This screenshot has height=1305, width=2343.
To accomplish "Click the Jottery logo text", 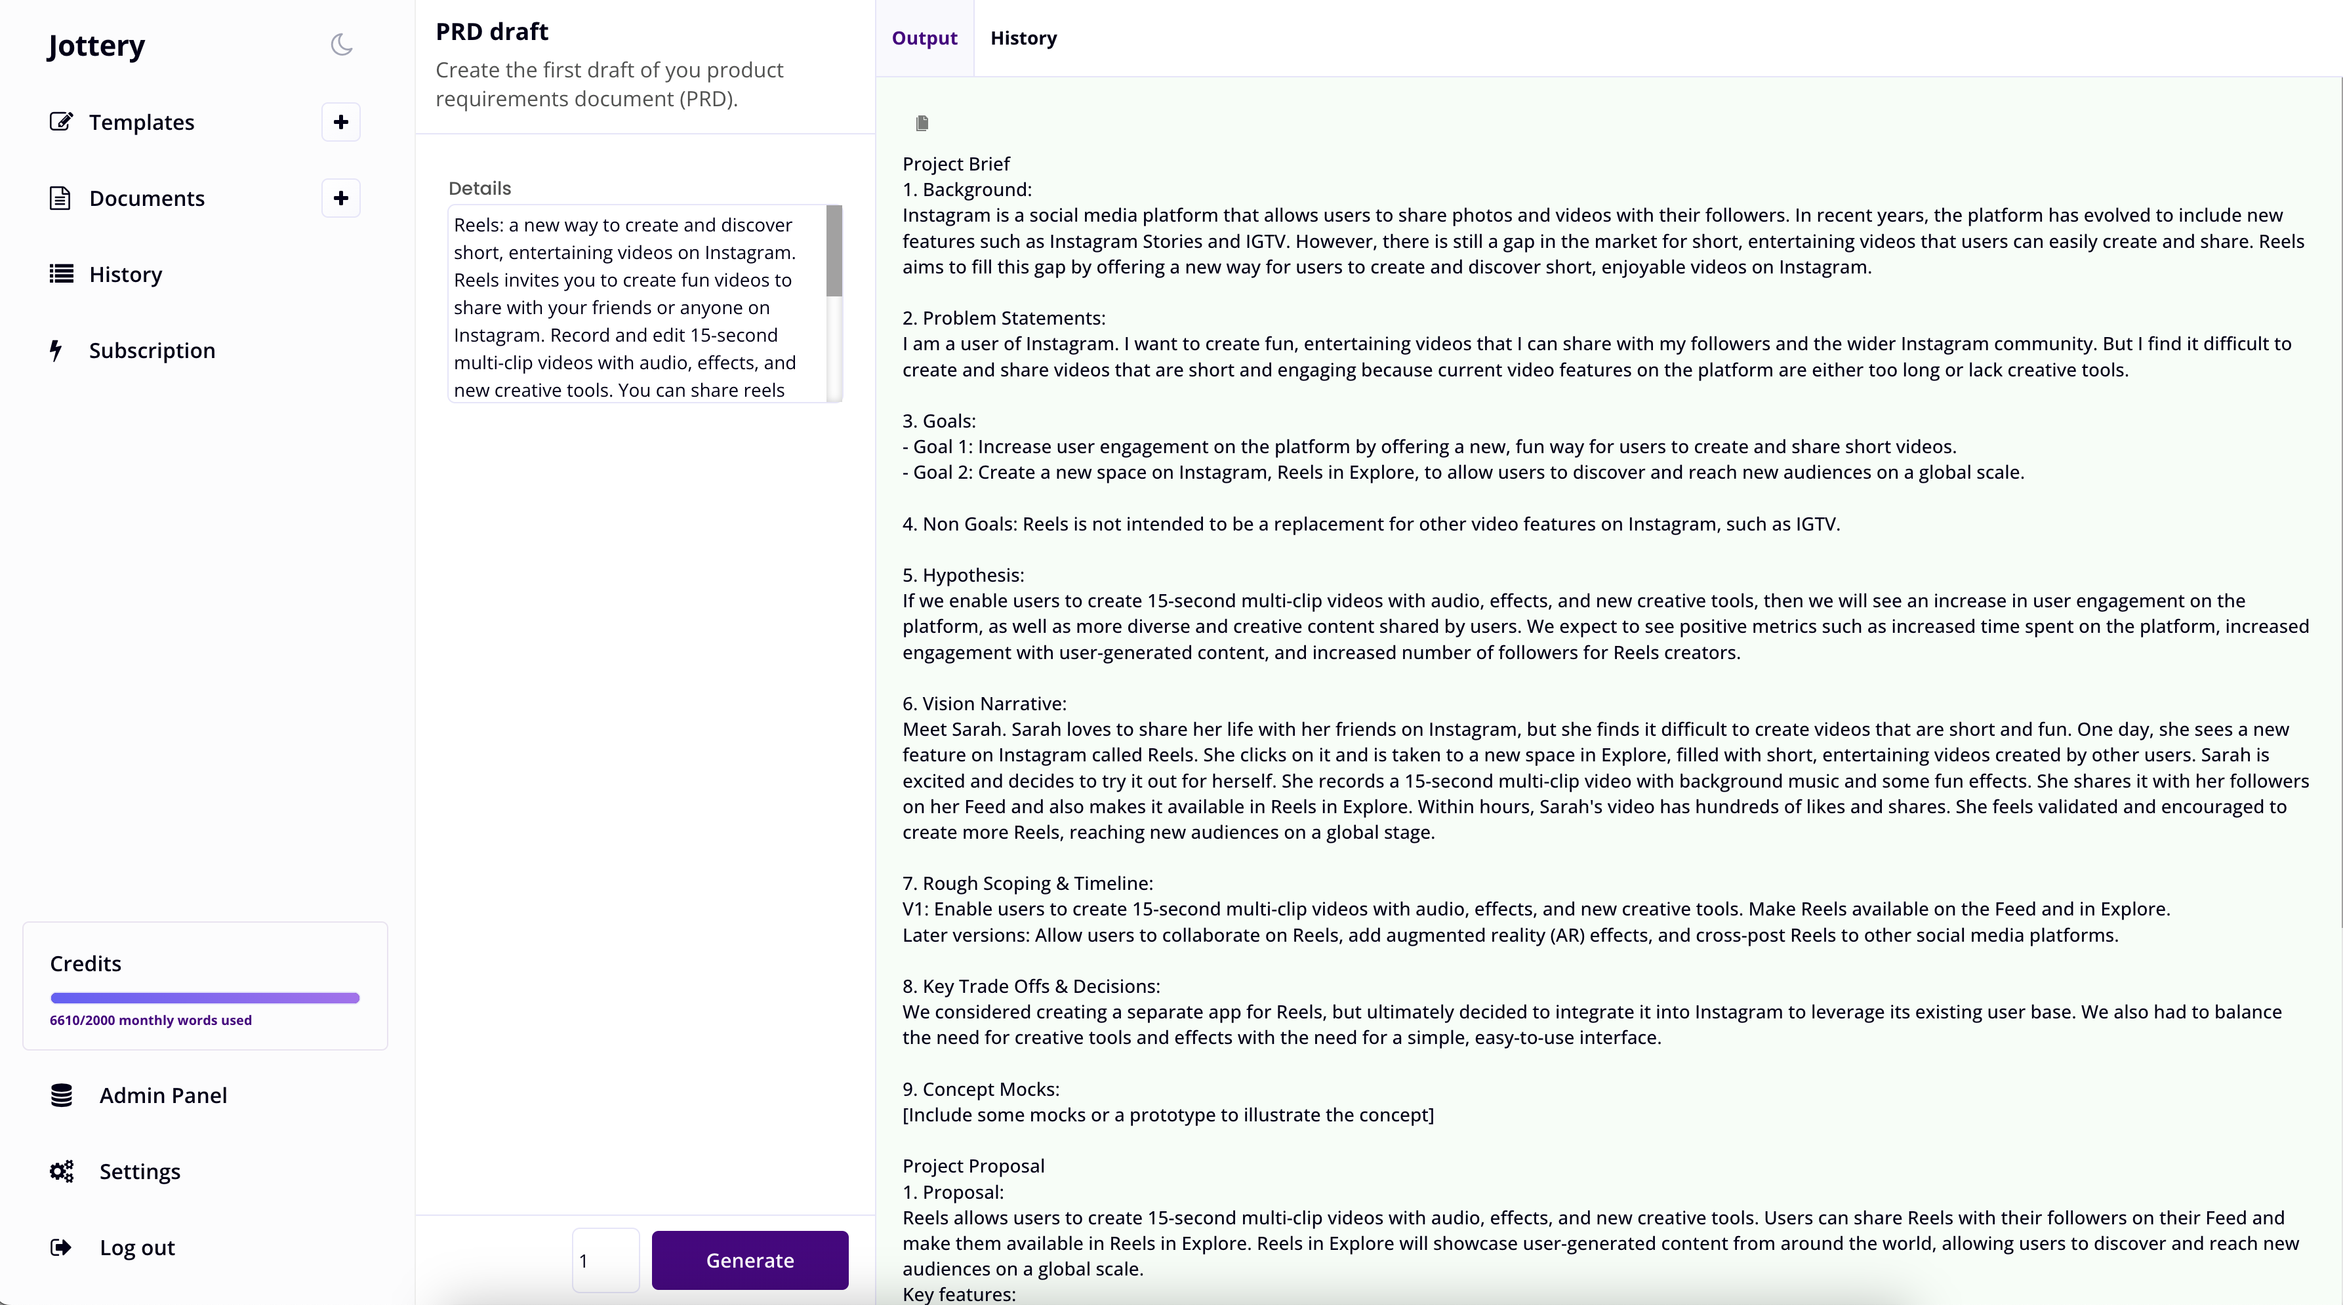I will [96, 45].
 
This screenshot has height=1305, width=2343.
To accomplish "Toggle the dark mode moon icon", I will [341, 45].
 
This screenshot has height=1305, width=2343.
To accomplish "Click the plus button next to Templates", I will [341, 122].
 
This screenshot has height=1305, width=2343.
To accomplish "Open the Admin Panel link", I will [163, 1095].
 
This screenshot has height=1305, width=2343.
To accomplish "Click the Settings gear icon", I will [62, 1171].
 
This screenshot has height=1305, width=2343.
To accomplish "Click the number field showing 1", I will [605, 1260].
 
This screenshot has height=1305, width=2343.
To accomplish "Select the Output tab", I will [924, 38].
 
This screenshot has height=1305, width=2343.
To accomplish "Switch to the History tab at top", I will [1023, 38].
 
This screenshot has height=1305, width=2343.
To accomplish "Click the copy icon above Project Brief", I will [922, 123].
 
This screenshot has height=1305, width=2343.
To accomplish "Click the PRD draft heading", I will [492, 32].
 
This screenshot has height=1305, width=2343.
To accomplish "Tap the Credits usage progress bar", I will [205, 997].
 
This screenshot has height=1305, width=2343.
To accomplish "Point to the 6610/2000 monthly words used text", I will [151, 1020].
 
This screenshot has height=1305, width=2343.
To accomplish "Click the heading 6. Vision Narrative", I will [984, 703].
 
